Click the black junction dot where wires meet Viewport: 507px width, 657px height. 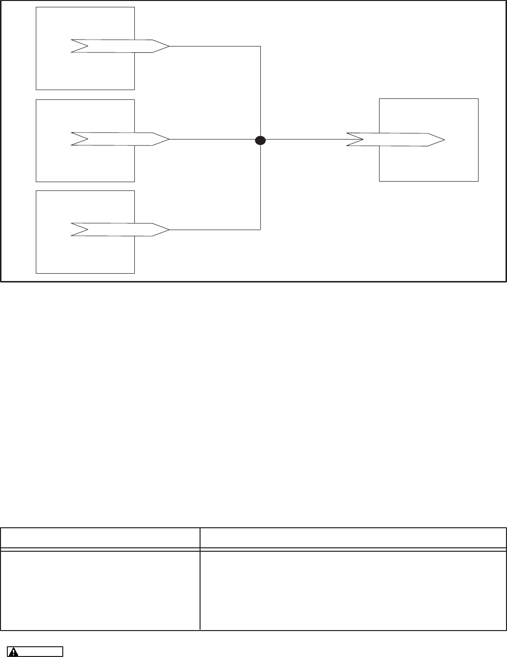point(260,140)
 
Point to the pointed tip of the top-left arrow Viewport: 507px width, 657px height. point(168,46)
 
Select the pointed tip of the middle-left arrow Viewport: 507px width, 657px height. point(168,139)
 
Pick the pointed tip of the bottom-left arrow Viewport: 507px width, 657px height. point(168,230)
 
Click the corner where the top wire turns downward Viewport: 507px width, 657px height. point(260,46)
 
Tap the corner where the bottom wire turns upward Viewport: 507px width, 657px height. point(260,230)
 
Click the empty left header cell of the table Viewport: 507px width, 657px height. point(100,538)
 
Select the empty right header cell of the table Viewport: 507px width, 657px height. point(353,538)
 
